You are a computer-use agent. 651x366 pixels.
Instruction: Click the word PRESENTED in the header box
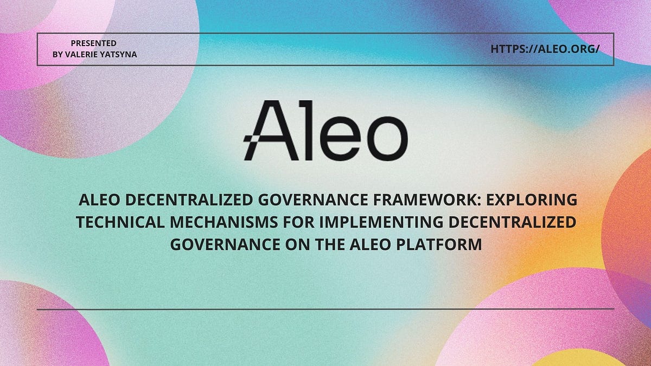coord(94,43)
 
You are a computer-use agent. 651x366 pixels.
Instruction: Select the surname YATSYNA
coord(122,54)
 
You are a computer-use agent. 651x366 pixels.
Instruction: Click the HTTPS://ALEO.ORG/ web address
coord(545,49)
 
